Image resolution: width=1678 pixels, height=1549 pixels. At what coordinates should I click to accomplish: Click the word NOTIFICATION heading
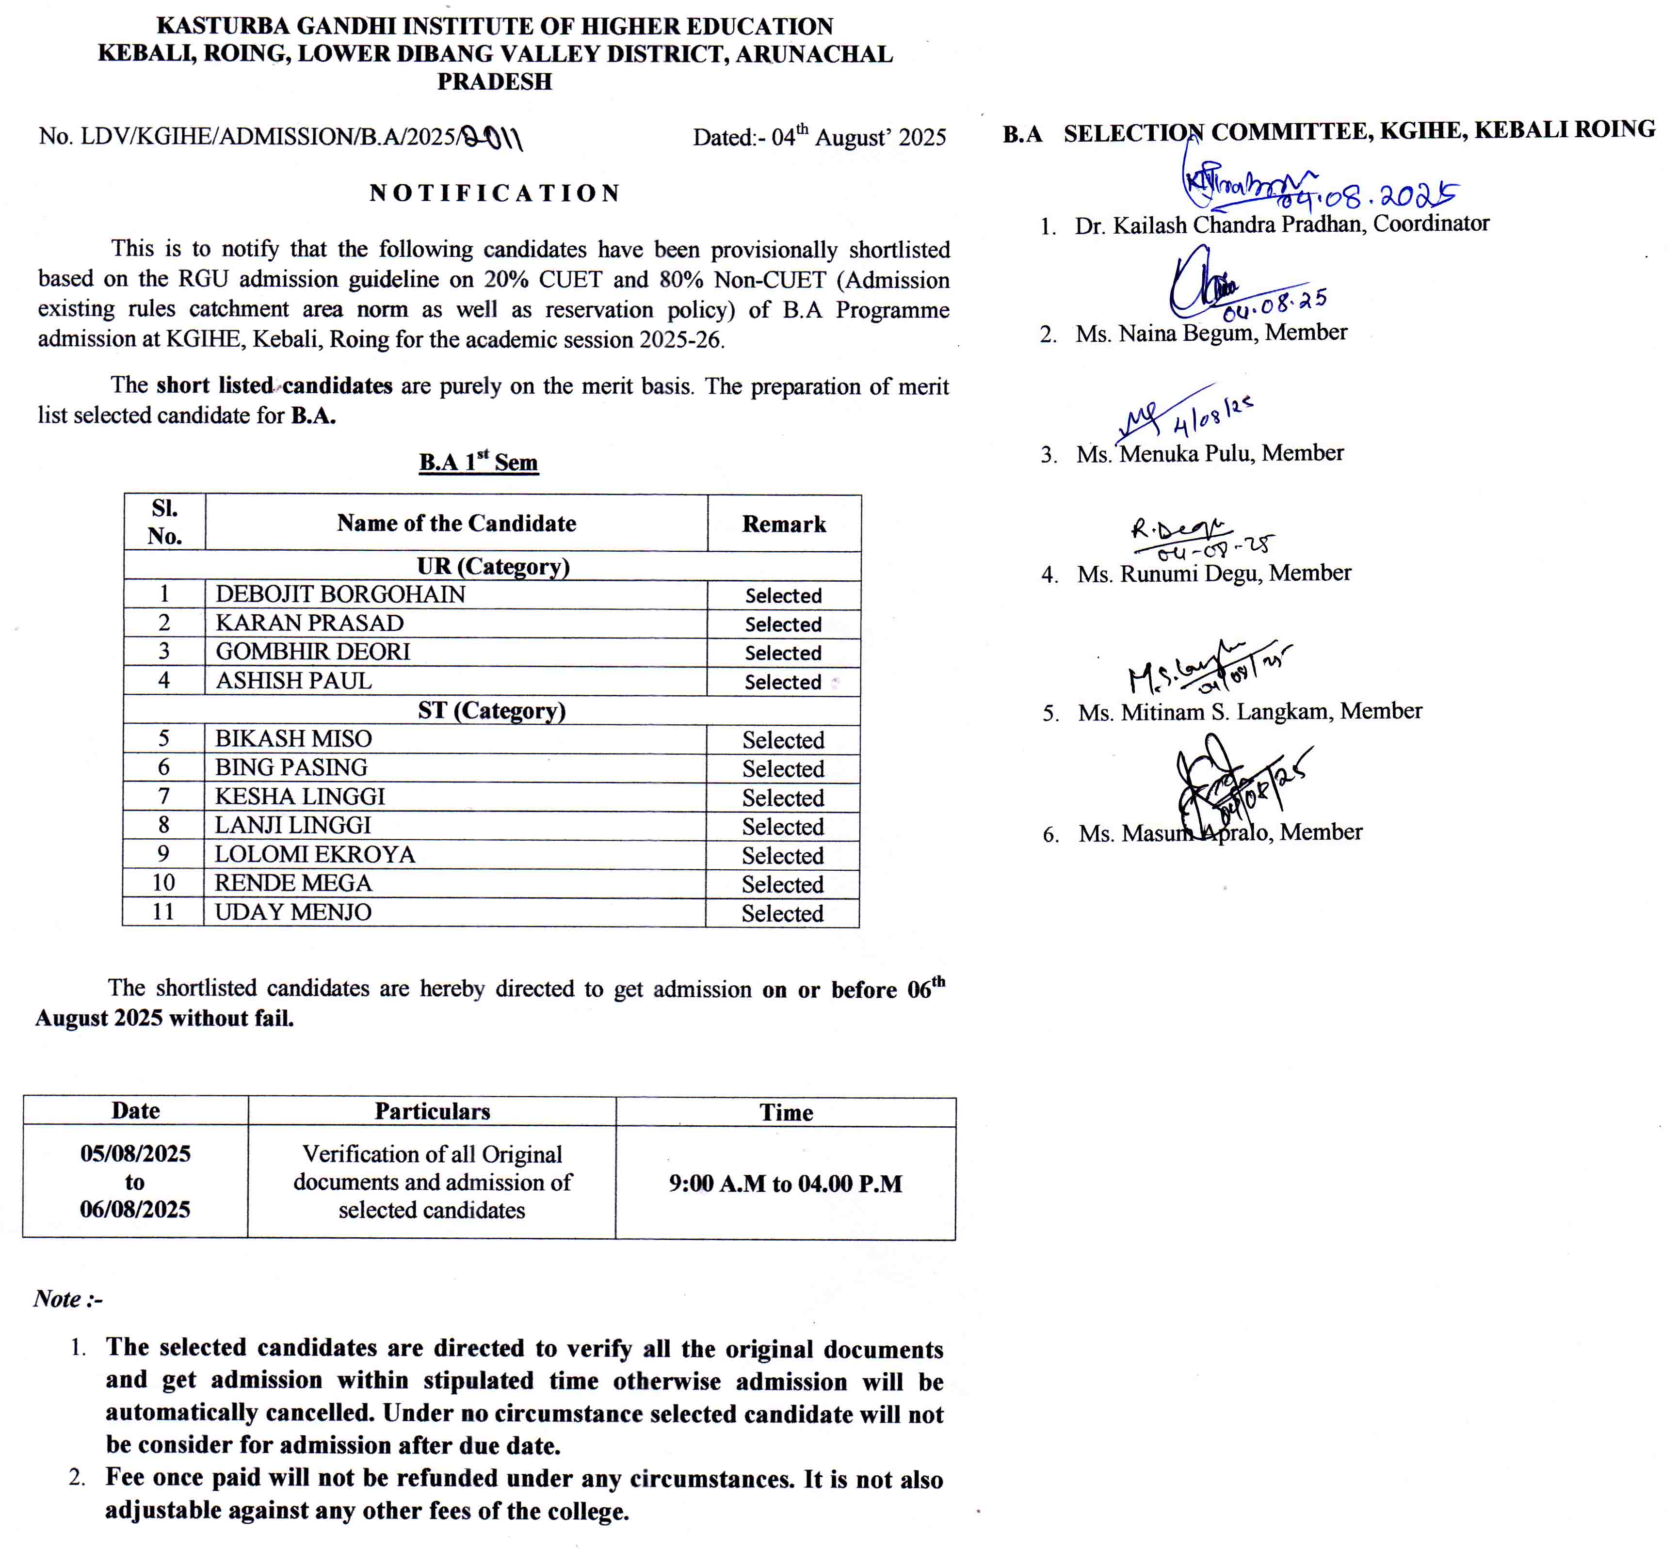495,193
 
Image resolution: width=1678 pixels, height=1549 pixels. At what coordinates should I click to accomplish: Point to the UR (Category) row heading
493,567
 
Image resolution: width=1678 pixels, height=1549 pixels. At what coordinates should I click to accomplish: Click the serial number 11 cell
163,912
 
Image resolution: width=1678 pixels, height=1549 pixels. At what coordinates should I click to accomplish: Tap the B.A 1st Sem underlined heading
478,463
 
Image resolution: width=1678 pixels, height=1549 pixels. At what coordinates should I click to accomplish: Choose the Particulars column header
432,1112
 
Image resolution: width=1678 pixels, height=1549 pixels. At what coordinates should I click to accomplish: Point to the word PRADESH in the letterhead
495,82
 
